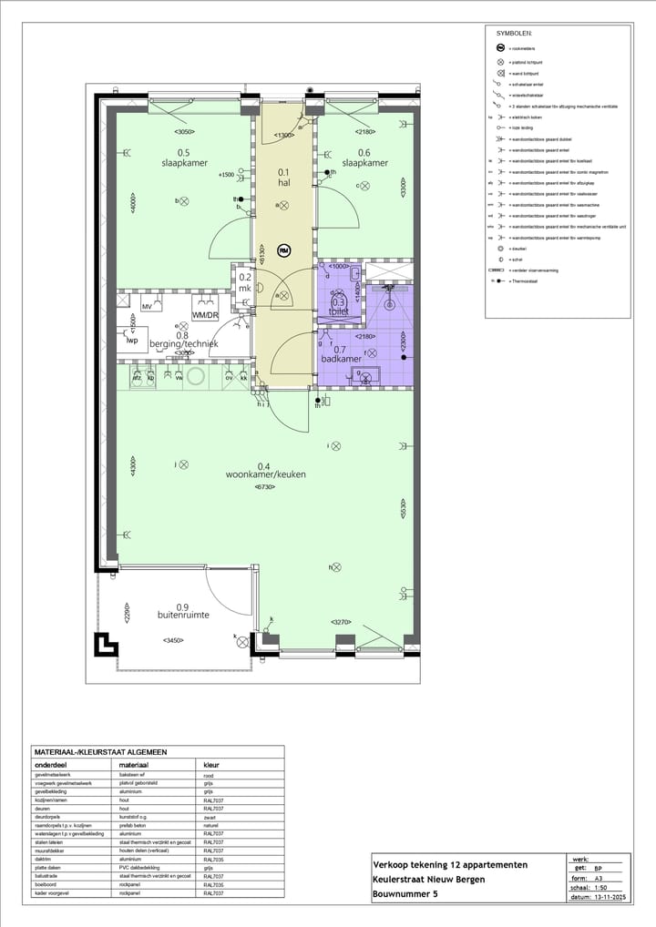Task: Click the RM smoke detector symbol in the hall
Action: click(283, 250)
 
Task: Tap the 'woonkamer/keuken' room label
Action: click(266, 474)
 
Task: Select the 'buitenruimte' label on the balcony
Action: click(181, 615)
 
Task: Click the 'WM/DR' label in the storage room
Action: click(205, 315)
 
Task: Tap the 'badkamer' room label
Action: click(341, 359)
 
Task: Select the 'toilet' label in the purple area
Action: click(340, 311)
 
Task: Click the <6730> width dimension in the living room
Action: click(266, 487)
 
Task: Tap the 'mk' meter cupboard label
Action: click(244, 289)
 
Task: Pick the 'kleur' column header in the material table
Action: click(211, 766)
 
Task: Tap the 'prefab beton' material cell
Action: click(136, 824)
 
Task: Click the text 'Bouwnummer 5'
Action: click(405, 894)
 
